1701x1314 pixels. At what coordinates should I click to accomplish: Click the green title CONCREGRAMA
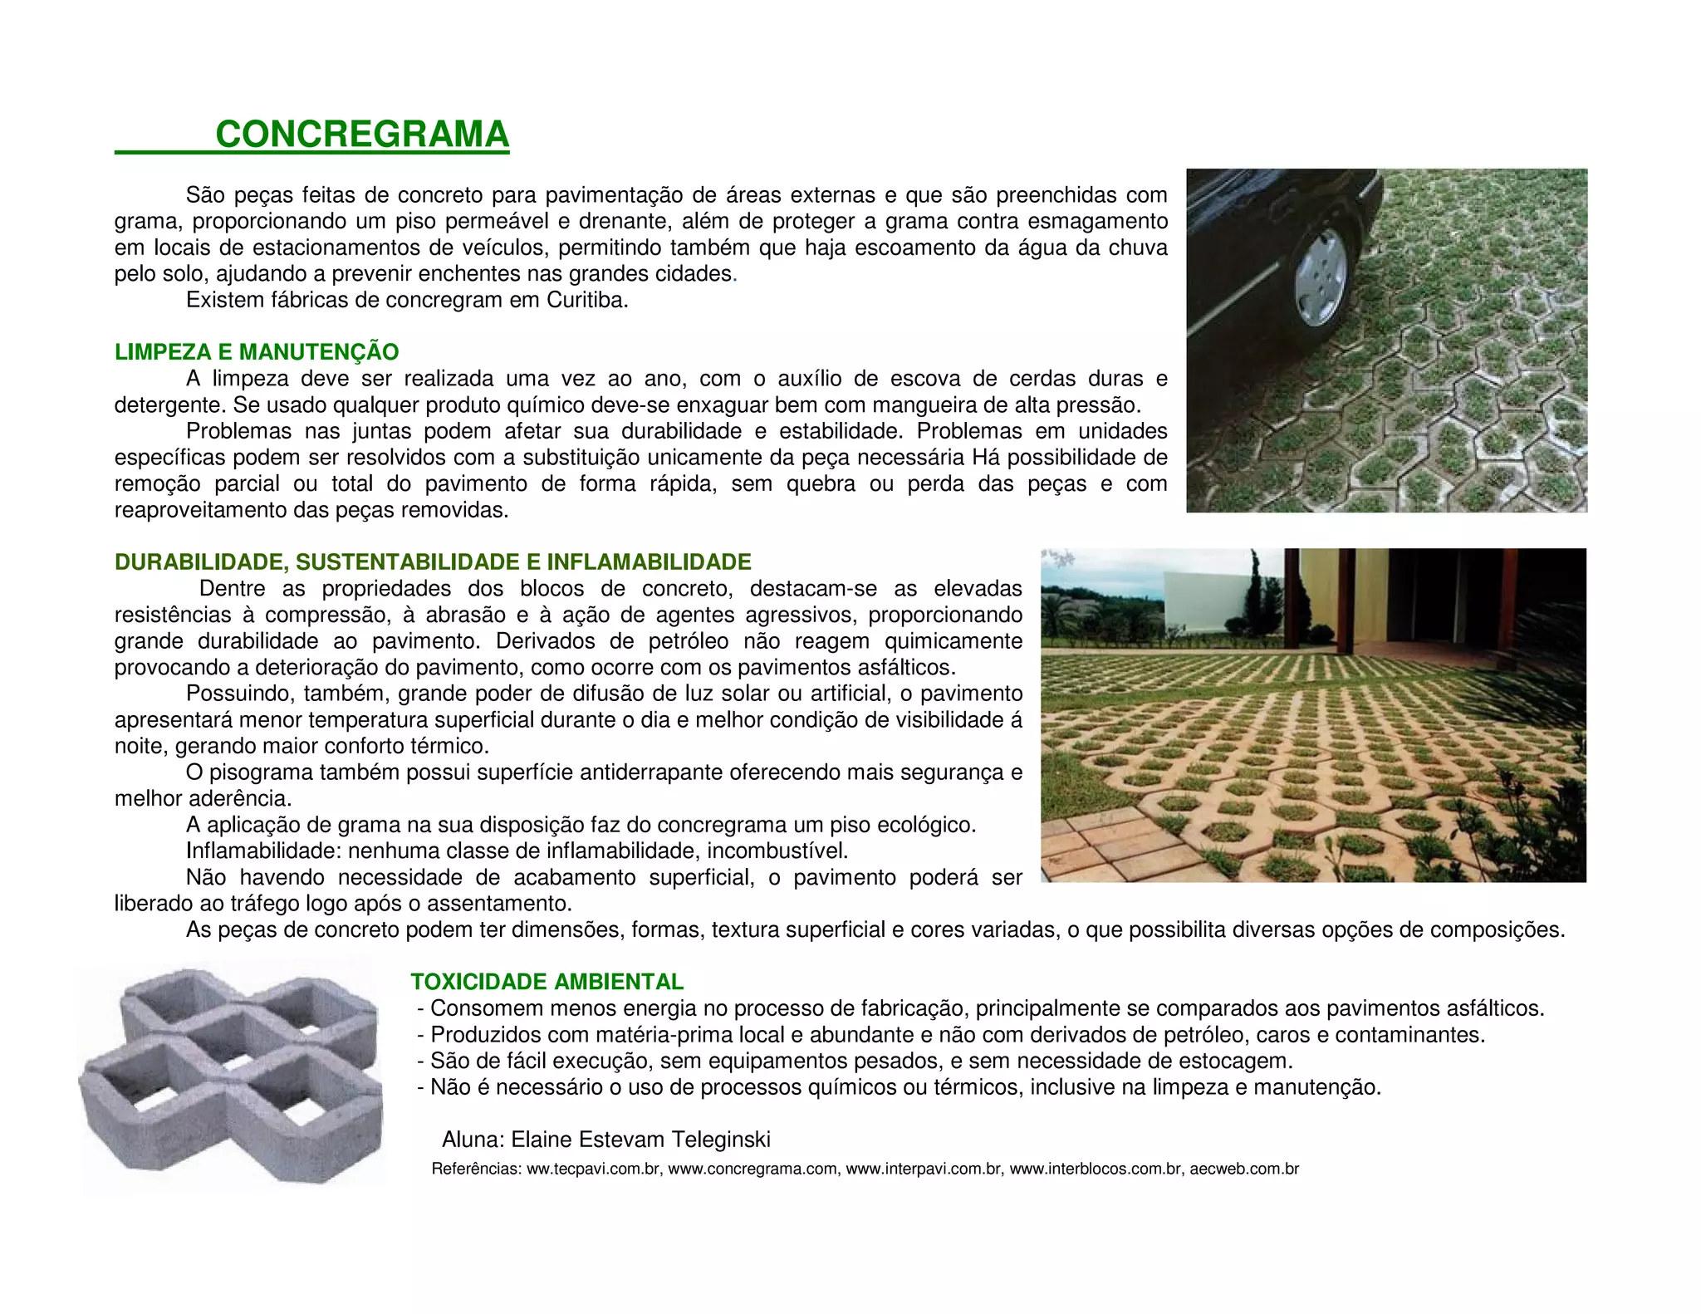point(362,135)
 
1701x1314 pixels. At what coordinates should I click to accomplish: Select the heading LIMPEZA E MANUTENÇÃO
point(257,352)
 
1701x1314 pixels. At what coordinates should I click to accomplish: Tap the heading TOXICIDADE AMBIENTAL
point(547,982)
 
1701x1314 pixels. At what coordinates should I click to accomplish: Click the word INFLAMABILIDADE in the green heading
point(649,562)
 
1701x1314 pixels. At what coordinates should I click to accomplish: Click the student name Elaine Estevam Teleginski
point(640,1140)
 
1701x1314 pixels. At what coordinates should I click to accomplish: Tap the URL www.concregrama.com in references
point(752,1169)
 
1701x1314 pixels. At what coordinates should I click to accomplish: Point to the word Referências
point(476,1169)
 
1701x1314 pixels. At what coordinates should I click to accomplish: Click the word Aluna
point(472,1140)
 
